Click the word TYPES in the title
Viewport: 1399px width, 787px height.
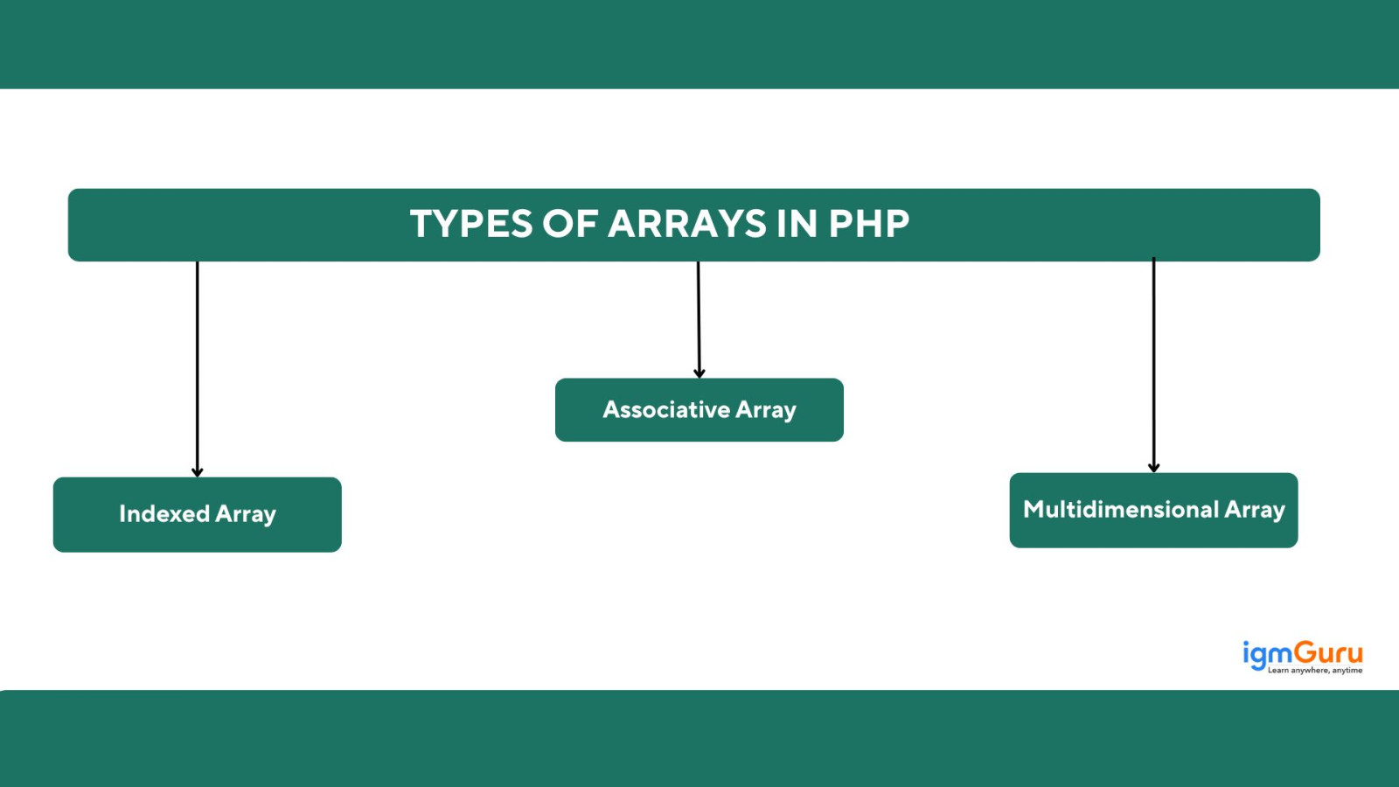click(x=470, y=224)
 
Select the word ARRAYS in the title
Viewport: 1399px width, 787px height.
click(x=687, y=224)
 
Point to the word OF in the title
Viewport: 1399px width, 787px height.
click(x=570, y=224)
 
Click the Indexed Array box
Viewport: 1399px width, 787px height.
click(x=198, y=514)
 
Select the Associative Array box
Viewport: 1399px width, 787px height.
click(x=699, y=410)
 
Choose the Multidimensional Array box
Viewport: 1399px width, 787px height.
click(x=1153, y=510)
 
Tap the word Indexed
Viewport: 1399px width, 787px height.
click(x=164, y=513)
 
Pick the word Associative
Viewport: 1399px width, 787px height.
click(x=666, y=409)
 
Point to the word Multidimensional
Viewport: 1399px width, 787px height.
click(x=1121, y=509)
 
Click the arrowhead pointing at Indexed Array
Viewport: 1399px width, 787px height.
click(x=198, y=472)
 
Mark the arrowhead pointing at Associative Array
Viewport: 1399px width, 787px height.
click(x=699, y=373)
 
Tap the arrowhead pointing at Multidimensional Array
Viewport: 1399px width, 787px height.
click(x=1154, y=468)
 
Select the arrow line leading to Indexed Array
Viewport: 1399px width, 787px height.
click(x=198, y=367)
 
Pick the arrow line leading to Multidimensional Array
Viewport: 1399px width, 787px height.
click(x=1154, y=363)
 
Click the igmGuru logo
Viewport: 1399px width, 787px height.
click(x=1302, y=656)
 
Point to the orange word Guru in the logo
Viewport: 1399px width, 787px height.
click(x=1328, y=652)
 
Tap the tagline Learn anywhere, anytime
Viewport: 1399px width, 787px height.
click(x=1315, y=671)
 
